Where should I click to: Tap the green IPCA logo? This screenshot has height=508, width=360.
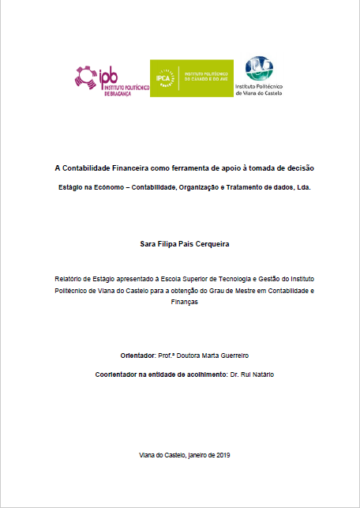(x=191, y=78)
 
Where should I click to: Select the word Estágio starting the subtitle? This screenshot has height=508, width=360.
(x=71, y=189)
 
